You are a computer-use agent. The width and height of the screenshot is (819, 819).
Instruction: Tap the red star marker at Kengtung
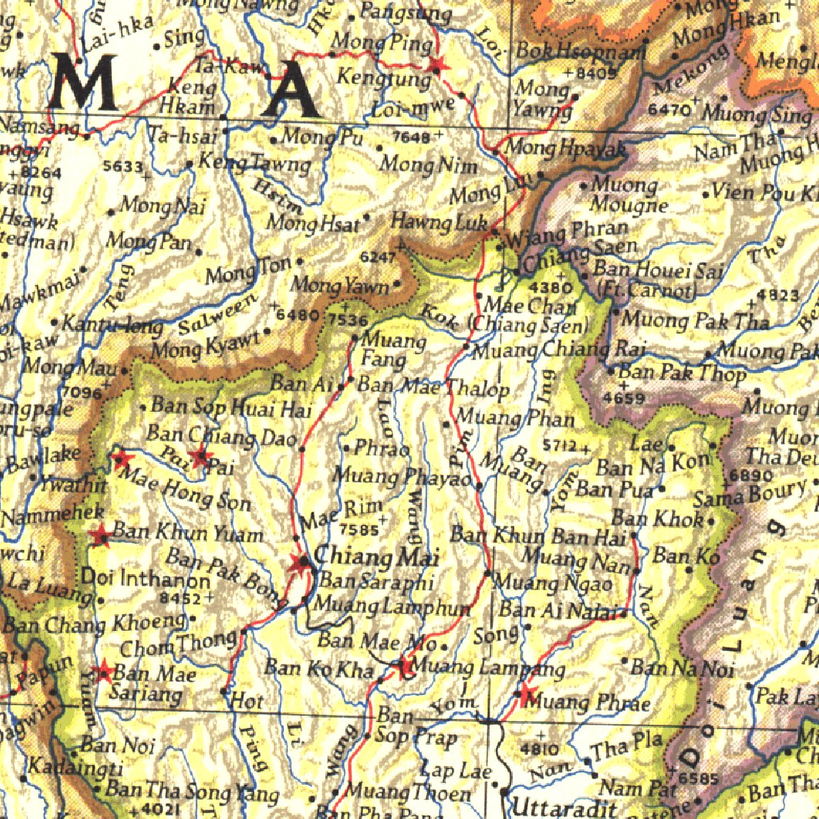[436, 66]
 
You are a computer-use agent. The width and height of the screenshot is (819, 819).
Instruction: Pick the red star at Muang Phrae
[525, 696]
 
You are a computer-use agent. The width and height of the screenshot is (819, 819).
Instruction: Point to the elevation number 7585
[358, 529]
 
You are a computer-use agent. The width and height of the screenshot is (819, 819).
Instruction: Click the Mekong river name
[691, 71]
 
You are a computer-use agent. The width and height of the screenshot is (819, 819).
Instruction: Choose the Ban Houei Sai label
[657, 270]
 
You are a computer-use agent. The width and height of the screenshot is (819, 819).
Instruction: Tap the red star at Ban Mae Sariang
[102, 673]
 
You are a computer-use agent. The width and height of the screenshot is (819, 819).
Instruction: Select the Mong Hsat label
[313, 223]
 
